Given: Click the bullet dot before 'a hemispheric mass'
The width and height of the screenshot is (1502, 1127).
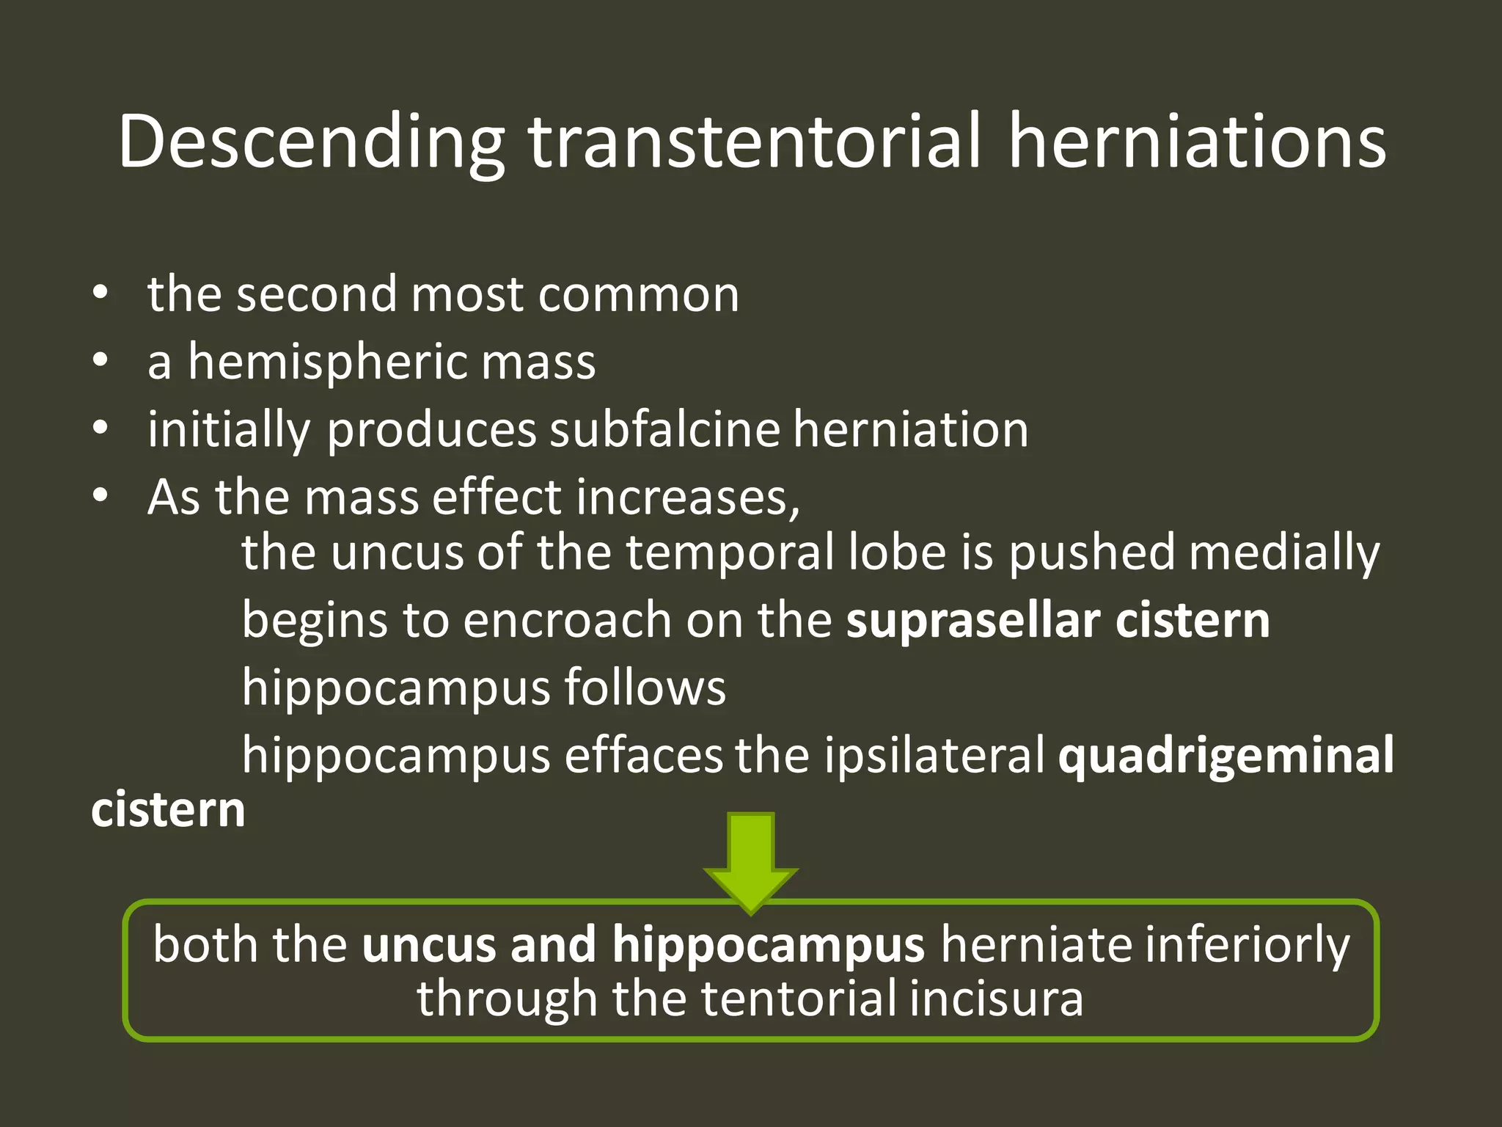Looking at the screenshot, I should pos(100,360).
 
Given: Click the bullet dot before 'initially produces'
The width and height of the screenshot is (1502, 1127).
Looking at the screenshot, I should pos(100,428).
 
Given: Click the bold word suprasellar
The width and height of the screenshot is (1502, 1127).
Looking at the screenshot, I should pos(972,620).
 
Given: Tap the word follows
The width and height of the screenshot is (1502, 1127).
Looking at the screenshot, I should pos(645,687).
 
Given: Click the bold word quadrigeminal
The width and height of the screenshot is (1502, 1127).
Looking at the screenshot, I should pos(1226,755).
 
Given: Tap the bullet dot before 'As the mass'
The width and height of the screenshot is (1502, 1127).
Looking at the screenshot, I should pos(100,496).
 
